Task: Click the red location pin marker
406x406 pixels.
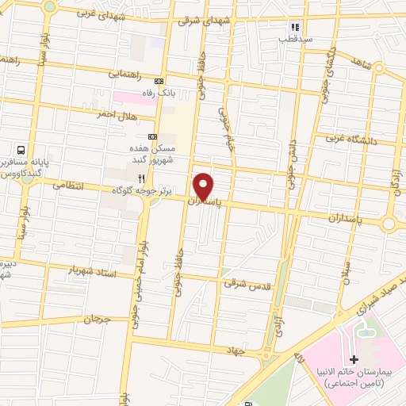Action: click(x=204, y=186)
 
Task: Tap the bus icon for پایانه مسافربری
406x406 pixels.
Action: click(x=21, y=149)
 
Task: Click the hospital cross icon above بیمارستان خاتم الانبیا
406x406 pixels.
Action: click(x=354, y=360)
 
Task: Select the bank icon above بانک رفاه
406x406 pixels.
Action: click(x=159, y=81)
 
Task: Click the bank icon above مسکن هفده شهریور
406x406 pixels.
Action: click(x=152, y=136)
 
